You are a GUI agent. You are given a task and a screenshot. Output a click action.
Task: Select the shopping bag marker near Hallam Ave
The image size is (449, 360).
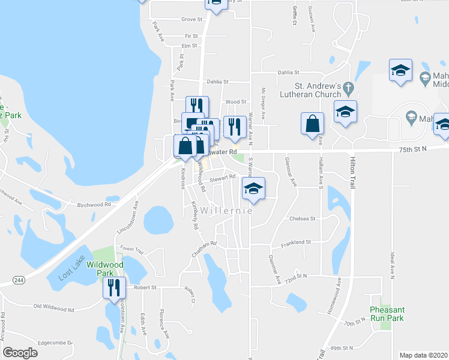312,124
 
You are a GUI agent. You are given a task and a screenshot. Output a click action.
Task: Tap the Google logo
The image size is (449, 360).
20,353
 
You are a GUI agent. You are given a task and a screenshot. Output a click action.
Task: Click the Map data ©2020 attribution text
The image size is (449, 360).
423,355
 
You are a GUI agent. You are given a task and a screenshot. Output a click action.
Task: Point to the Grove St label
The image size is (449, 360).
191,19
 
